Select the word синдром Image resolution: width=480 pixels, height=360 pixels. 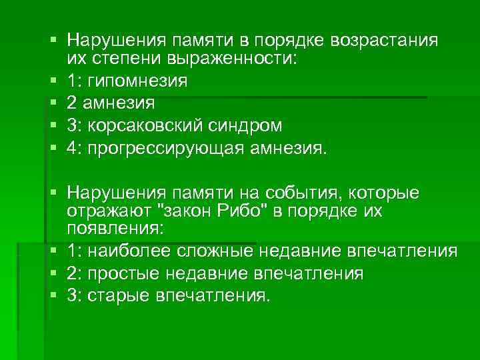click(x=244, y=126)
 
